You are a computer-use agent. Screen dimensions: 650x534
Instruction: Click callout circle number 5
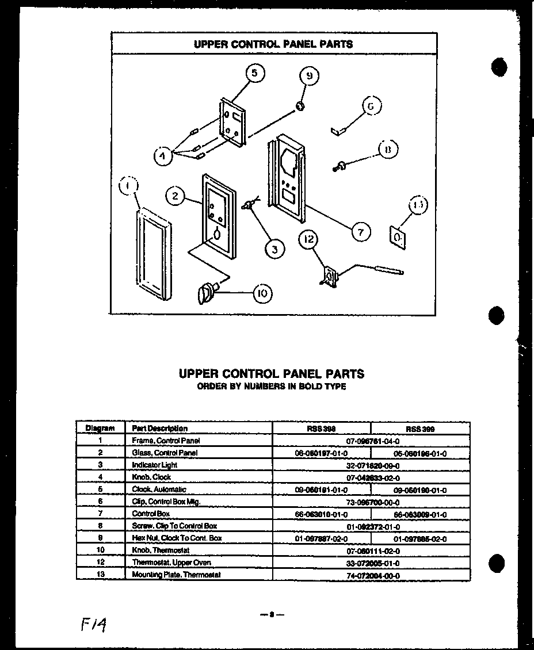254,74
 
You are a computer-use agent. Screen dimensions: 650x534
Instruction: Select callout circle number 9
309,76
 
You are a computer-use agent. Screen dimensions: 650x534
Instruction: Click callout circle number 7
360,232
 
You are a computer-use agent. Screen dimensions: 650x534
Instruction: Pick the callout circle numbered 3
274,248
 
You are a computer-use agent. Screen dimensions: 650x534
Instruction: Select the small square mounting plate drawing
396,236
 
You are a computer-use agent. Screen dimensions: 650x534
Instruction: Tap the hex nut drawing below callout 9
300,105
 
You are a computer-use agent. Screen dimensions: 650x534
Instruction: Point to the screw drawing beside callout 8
340,167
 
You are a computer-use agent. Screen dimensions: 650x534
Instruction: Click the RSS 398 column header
321,429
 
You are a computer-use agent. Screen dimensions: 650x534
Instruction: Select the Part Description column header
160,429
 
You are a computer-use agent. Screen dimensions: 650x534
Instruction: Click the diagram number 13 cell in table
100,575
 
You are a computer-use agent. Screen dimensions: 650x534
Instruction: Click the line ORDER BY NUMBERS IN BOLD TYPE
271,387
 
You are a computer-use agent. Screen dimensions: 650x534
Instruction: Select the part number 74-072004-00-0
372,575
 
